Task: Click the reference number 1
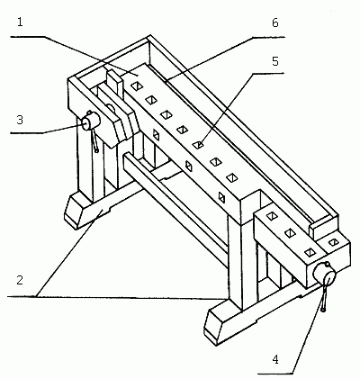click(20, 23)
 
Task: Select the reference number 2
click(20, 280)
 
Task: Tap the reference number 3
click(20, 120)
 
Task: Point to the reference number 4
click(275, 359)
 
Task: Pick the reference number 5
click(275, 61)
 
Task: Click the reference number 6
click(275, 23)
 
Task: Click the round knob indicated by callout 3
click(90, 122)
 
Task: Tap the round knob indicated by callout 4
click(325, 274)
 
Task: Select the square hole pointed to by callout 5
click(198, 145)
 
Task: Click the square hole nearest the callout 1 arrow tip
click(136, 86)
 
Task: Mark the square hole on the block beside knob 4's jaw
click(333, 242)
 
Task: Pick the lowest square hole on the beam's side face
click(222, 197)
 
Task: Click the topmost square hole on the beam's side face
click(156, 134)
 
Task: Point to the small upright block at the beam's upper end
click(114, 82)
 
